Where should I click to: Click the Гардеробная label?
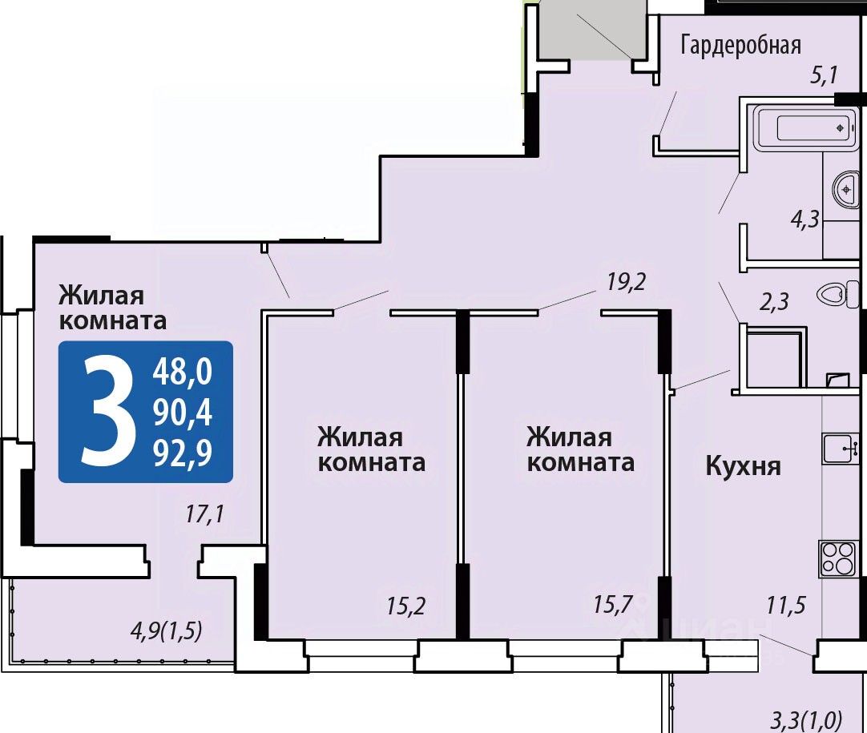(x=740, y=46)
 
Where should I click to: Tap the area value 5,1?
(x=824, y=75)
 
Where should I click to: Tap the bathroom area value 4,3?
(x=804, y=220)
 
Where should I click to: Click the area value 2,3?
(x=773, y=302)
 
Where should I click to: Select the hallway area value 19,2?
(x=627, y=283)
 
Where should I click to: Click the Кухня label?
(x=744, y=466)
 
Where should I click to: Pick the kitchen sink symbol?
(x=841, y=449)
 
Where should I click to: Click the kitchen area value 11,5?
(x=786, y=606)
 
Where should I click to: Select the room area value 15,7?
(x=613, y=604)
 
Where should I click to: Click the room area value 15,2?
(x=405, y=606)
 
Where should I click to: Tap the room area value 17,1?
(x=204, y=514)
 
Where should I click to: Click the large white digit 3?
(x=108, y=412)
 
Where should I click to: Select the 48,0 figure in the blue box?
(x=183, y=372)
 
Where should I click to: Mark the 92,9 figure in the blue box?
(x=183, y=454)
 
